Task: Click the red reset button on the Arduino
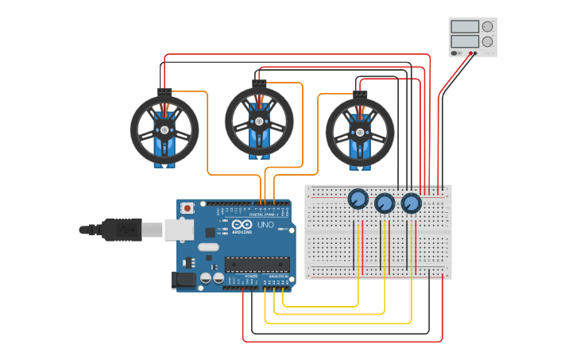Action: [x=187, y=208]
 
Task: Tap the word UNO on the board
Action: [x=265, y=225]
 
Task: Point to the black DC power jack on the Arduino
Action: [x=184, y=280]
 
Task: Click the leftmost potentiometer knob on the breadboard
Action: [x=358, y=199]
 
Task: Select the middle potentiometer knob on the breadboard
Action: [x=385, y=203]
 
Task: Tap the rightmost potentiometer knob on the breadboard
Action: [x=411, y=203]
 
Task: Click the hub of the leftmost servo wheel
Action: [x=164, y=130]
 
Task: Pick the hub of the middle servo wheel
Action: [x=259, y=122]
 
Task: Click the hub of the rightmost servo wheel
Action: [x=360, y=132]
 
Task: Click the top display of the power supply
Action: [x=465, y=26]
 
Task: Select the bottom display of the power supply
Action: [x=465, y=41]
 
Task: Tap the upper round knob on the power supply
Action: [x=487, y=26]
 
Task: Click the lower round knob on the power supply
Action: [x=487, y=42]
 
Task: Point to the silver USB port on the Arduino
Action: [x=179, y=230]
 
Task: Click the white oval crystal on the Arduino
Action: [x=208, y=247]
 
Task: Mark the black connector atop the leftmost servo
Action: [x=164, y=91]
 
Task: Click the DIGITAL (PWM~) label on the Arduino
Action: [x=261, y=215]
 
